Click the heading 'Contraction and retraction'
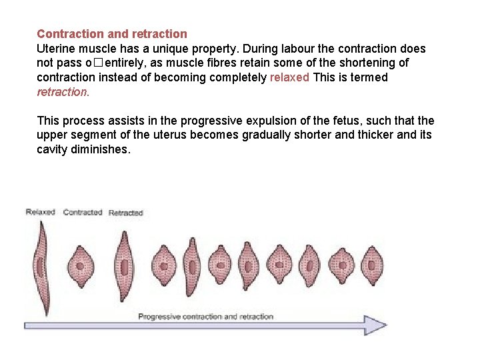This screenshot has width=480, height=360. click(112, 33)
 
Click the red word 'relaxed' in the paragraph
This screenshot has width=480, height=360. click(289, 77)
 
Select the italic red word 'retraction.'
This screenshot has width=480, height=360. click(63, 92)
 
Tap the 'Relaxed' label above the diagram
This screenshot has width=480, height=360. click(40, 212)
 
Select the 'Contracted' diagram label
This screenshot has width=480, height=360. click(83, 212)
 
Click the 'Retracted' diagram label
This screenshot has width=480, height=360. click(126, 213)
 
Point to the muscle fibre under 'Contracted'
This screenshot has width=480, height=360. click(81, 265)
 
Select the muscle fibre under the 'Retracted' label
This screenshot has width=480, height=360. click(125, 267)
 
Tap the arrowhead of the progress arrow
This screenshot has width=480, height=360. click(376, 325)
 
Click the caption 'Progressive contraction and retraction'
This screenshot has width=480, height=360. click(206, 316)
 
